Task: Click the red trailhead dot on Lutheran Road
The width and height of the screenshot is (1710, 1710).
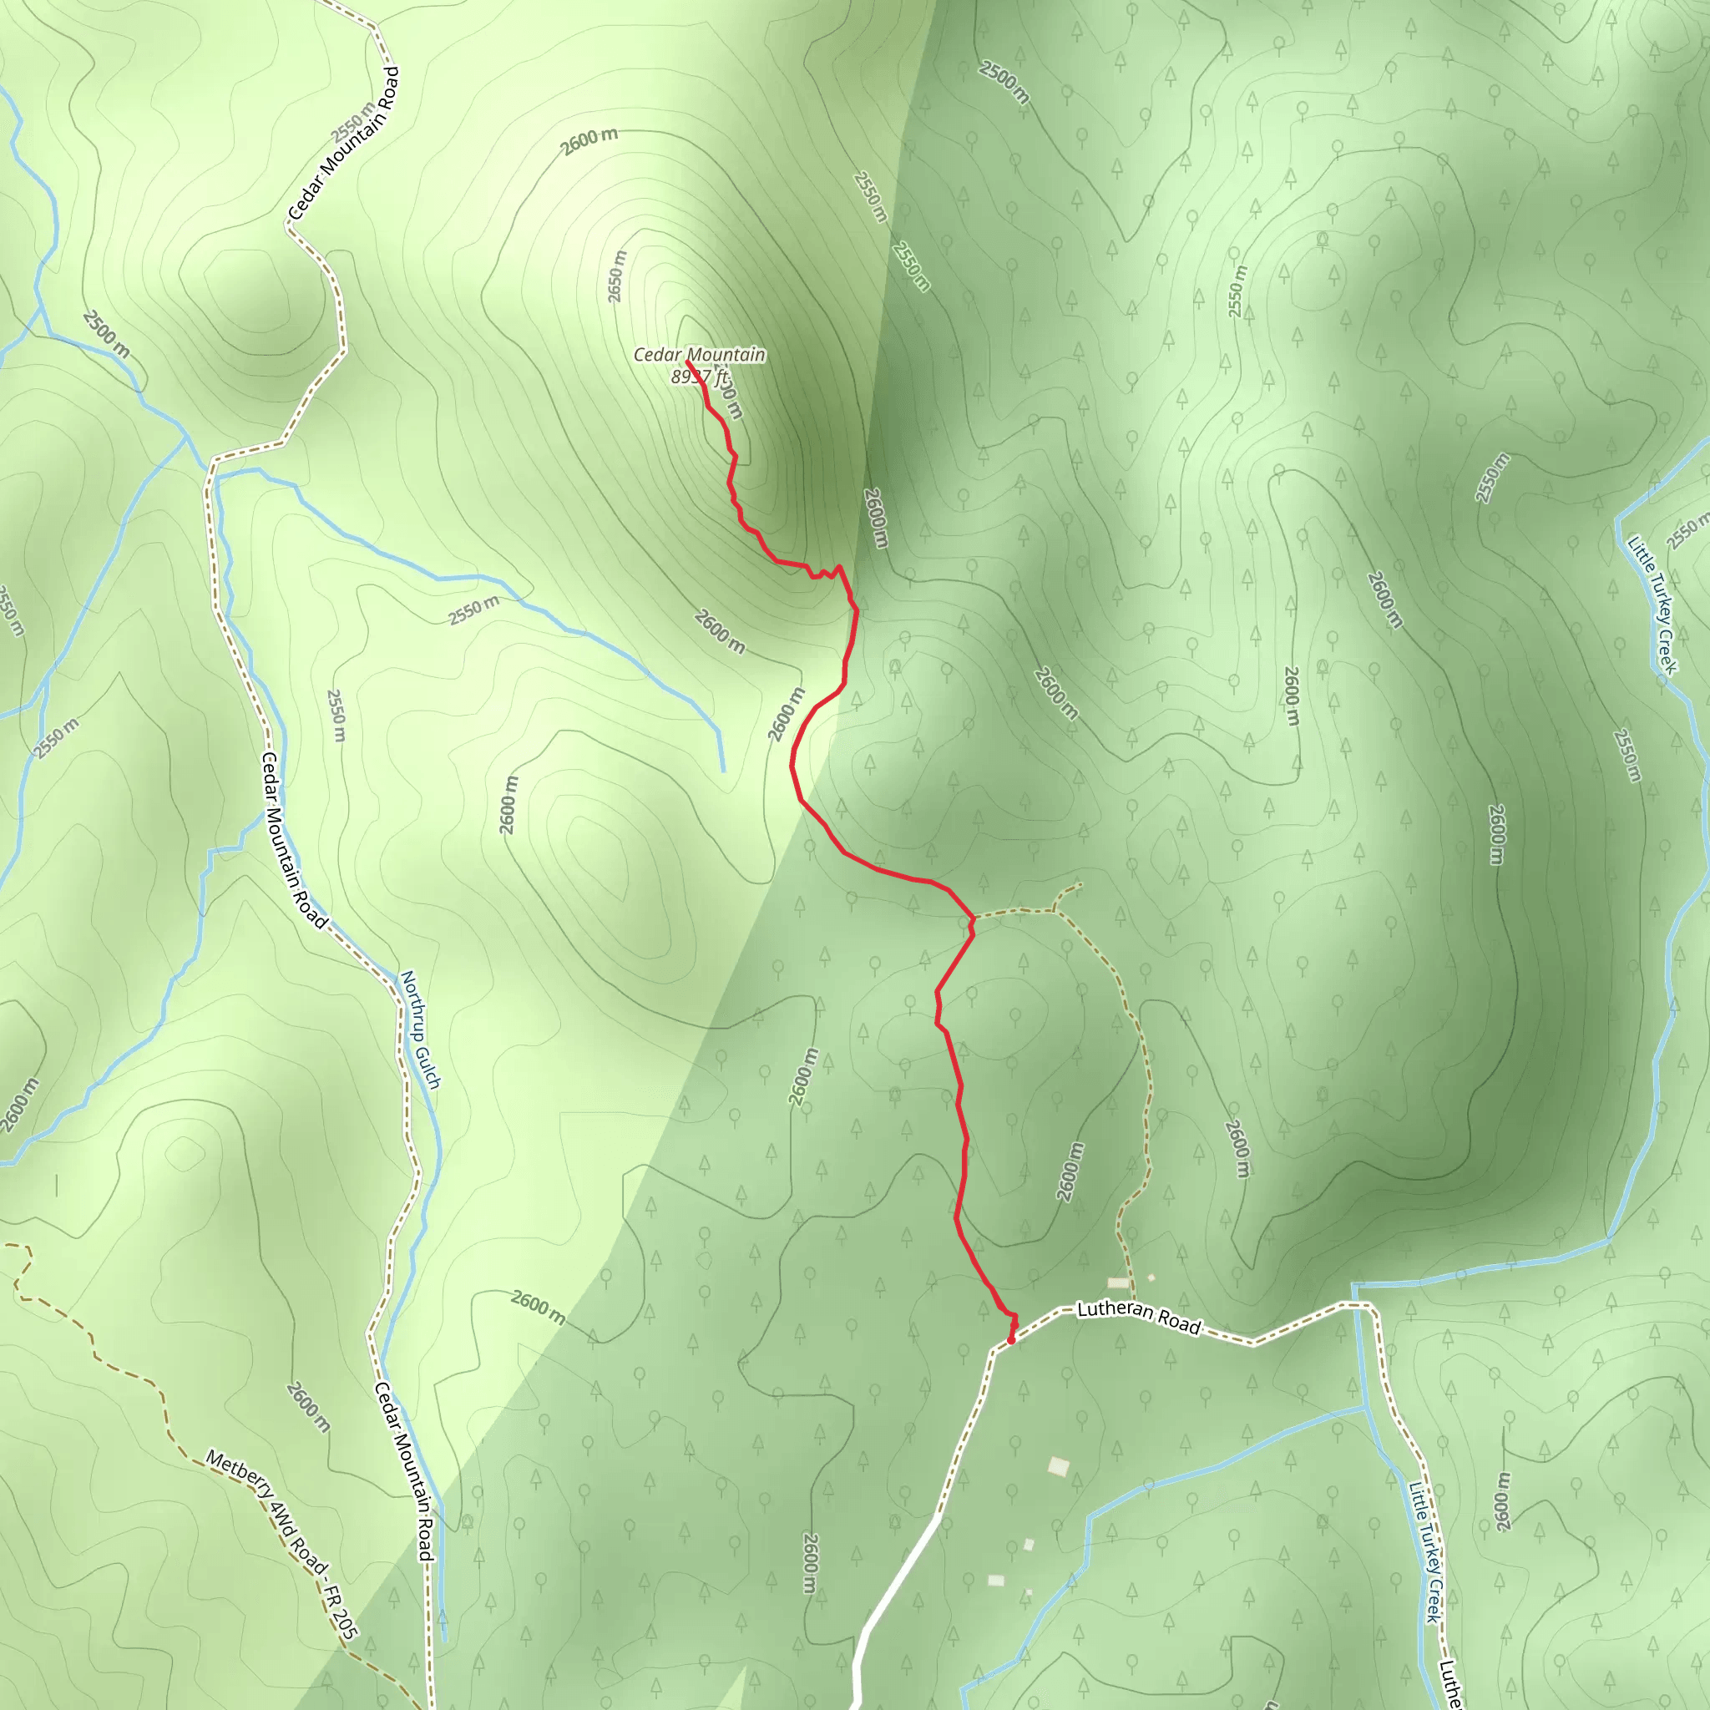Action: click(x=1011, y=1340)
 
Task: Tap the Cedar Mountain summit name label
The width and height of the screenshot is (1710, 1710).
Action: click(x=699, y=355)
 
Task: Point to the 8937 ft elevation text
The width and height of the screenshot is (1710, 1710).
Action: click(x=699, y=377)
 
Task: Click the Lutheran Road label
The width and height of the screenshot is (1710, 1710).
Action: click(x=1138, y=1317)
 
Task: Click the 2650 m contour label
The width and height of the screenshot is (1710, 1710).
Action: click(x=617, y=276)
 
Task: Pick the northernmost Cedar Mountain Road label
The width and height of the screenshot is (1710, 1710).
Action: click(x=343, y=144)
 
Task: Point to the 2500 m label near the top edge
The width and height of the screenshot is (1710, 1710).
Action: click(x=1004, y=82)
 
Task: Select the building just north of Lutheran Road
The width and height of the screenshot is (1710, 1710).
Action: click(x=1119, y=1282)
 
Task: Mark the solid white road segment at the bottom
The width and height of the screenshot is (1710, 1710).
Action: click(x=894, y=1584)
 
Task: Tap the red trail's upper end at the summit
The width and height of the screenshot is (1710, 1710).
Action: click(x=688, y=361)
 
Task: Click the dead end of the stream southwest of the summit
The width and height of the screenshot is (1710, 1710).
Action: click(x=723, y=771)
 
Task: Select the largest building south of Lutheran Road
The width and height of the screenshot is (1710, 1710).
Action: click(x=1059, y=1466)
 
